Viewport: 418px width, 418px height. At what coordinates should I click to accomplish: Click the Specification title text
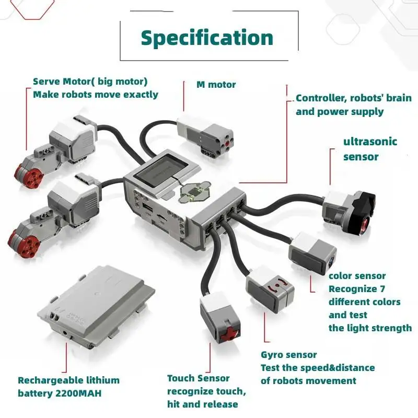click(x=207, y=38)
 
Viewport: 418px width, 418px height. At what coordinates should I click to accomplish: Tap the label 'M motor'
click(x=216, y=85)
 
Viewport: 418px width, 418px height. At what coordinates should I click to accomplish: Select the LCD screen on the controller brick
click(x=167, y=171)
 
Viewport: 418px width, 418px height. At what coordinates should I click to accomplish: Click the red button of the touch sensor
click(x=228, y=333)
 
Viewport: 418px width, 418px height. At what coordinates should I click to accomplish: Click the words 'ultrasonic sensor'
click(x=370, y=149)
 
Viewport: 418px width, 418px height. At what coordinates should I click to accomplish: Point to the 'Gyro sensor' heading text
click(x=288, y=355)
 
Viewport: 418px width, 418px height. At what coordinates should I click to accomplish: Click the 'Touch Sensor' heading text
click(x=198, y=378)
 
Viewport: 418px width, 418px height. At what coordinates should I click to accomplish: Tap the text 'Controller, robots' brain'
click(x=353, y=98)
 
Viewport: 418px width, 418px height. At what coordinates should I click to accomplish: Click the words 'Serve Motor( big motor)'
click(x=90, y=82)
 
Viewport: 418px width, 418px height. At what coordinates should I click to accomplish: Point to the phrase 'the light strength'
click(x=370, y=328)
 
